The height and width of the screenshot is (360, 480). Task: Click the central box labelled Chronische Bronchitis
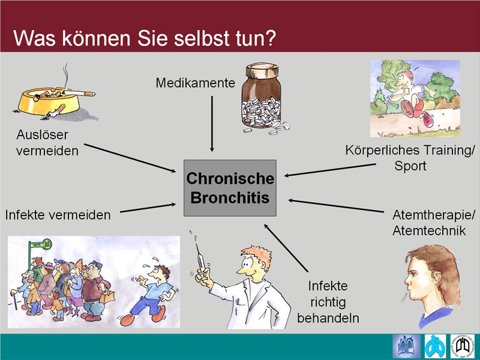[230, 188]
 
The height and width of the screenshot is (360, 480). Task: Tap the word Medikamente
[196, 83]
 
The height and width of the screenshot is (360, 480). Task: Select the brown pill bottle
[261, 95]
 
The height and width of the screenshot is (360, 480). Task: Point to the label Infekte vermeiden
[58, 215]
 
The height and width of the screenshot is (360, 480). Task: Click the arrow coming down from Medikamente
[212, 124]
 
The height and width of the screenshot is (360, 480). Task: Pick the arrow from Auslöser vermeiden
[130, 158]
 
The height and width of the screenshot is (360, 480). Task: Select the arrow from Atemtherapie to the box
[336, 206]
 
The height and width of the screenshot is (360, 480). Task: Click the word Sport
[410, 166]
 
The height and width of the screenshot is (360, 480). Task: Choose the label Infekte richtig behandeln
[328, 302]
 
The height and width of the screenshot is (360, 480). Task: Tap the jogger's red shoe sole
[407, 109]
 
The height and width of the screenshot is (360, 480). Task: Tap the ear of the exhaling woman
[436, 277]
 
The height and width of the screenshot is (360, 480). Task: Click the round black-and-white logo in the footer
[462, 346]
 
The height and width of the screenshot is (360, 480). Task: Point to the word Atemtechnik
[429, 231]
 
